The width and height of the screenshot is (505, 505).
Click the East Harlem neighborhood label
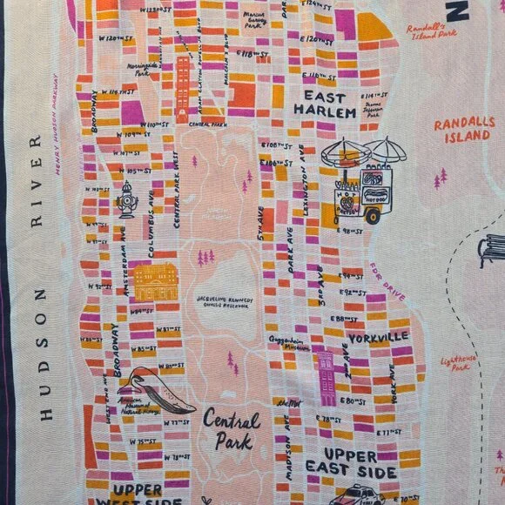[325, 104]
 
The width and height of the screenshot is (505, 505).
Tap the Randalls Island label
[463, 129]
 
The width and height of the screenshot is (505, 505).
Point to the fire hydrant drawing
[127, 199]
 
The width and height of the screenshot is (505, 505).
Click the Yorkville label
[378, 336]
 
